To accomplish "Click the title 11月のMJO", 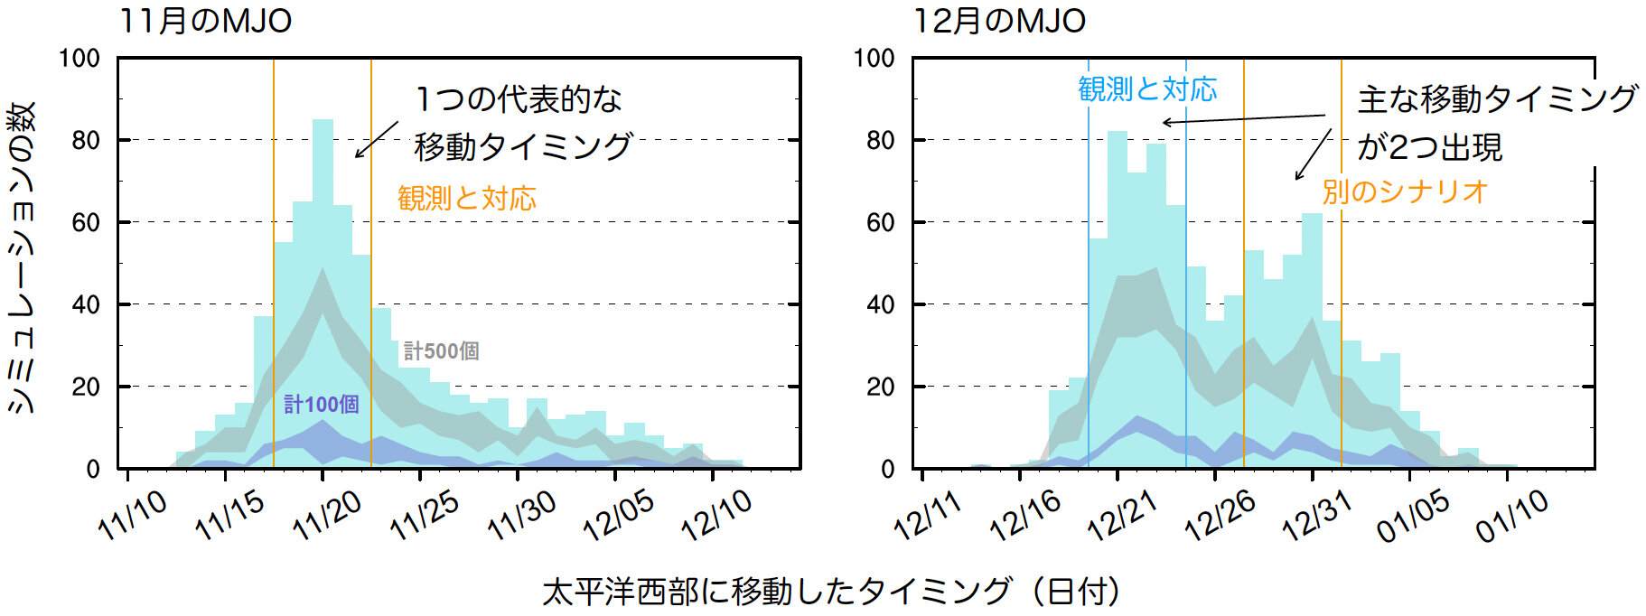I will click(x=206, y=20).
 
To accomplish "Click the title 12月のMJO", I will click(x=1000, y=20).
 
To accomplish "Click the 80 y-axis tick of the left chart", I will click(x=86, y=140).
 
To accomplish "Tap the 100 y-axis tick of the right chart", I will click(x=874, y=59).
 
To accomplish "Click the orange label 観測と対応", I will click(x=467, y=198).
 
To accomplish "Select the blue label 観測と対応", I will click(x=1147, y=89).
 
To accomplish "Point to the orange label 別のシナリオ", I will click(x=1405, y=191).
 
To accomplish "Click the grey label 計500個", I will click(x=441, y=350).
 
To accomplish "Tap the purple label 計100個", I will click(x=322, y=404).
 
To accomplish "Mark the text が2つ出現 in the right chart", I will click(x=1430, y=146).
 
